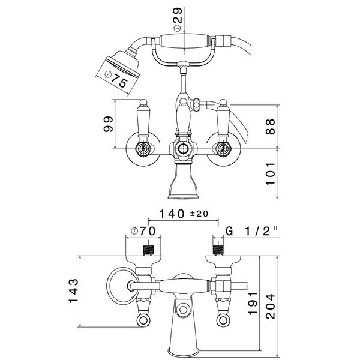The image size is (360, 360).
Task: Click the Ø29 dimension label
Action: [x=178, y=19]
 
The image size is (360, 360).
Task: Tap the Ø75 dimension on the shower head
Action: [x=116, y=79]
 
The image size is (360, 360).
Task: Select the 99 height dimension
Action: [x=108, y=124]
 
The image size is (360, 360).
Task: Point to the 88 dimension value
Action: [x=270, y=127]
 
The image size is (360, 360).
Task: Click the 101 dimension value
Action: [x=270, y=174]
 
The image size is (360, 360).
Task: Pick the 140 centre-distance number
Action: [x=172, y=214]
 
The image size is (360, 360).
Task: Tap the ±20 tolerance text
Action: [x=199, y=214]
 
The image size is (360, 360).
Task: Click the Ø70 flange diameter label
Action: [x=143, y=231]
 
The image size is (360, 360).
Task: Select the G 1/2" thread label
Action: [x=252, y=231]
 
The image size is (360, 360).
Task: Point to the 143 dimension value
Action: [x=74, y=290]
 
